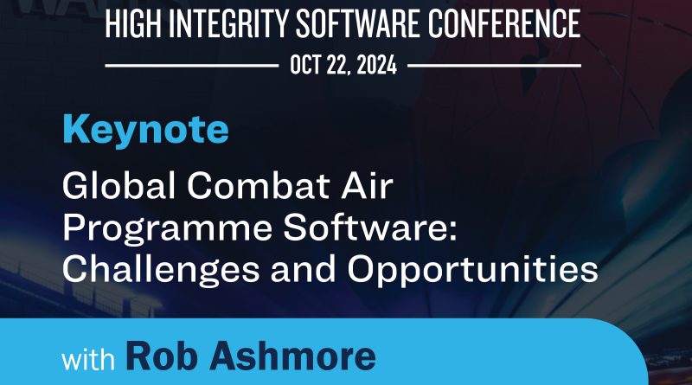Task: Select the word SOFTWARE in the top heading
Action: tap(358, 24)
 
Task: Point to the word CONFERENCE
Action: tap(504, 24)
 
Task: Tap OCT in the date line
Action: tap(305, 66)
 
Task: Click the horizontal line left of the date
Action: tap(192, 66)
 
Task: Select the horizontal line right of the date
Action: tap(494, 66)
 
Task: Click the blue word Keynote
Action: tap(145, 129)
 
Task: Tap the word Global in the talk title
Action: tap(119, 185)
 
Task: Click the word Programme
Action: tap(167, 228)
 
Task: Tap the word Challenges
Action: tap(161, 269)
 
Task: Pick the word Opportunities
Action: tap(472, 269)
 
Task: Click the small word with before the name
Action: tap(88, 359)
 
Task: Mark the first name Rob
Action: tap(162, 356)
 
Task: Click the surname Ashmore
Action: tap(292, 356)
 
